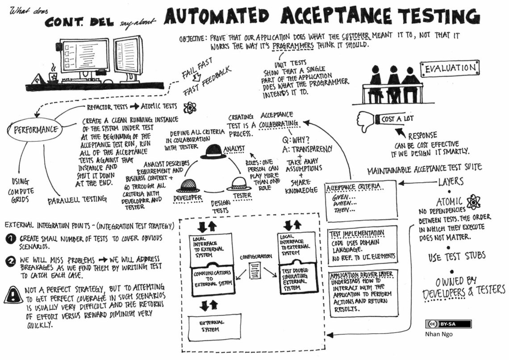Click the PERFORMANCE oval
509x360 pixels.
point(33,130)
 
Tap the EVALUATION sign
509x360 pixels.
point(449,68)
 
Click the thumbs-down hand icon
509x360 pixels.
point(365,120)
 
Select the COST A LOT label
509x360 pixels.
point(397,119)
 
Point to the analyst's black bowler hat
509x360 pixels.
point(213,152)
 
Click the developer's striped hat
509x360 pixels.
point(188,185)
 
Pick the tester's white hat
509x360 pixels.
point(238,183)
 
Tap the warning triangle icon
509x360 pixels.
point(13,294)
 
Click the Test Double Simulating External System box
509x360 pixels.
point(296,280)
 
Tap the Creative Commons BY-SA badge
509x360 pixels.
point(449,324)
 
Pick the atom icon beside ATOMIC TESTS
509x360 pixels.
point(190,107)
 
